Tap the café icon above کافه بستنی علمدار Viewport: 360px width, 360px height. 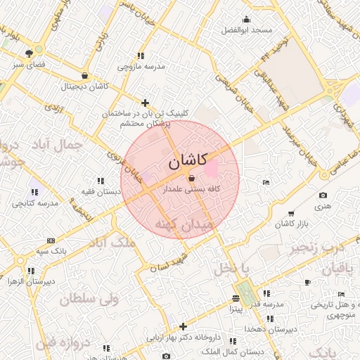192,179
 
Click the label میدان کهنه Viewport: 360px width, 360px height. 187,225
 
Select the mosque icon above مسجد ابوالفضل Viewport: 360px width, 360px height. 245,20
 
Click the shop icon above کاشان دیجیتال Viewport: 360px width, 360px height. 85,76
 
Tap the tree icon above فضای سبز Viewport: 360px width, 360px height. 29,53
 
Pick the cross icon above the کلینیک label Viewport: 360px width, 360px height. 146,103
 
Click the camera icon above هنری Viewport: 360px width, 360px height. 323,195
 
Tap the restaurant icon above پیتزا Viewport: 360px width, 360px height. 235,299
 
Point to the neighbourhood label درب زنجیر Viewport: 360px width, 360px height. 319,247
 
